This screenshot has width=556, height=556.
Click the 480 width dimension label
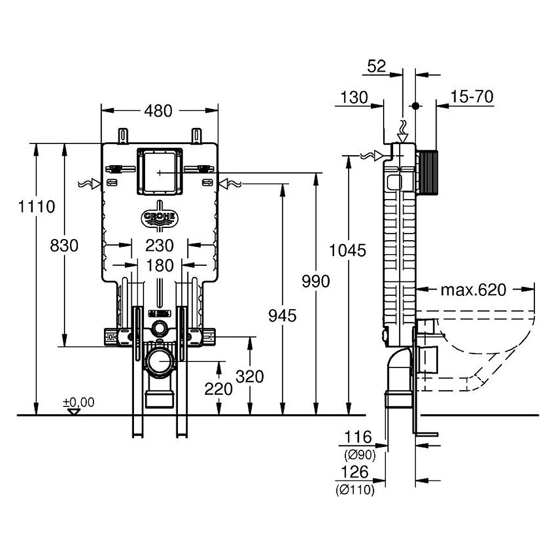158,111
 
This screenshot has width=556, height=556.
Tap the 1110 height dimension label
37,206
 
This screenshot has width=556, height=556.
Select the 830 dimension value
64,245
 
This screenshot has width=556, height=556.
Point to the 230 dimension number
160,245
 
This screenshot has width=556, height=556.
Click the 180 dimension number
160,266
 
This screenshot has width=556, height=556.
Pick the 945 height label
282,316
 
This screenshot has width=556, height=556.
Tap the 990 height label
316,281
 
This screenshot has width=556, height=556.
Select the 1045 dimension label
348,250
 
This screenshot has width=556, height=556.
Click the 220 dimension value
219,389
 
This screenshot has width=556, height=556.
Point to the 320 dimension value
250,376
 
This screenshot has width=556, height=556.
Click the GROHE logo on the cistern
160,216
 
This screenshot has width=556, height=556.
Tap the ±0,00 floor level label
78,402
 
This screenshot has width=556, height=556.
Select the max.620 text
473,290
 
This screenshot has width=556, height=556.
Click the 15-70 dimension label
471,96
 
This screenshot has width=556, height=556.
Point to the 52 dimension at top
376,66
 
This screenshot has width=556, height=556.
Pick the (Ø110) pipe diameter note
355,490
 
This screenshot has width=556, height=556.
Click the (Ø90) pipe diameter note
360,455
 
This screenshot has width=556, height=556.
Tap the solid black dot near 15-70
415,106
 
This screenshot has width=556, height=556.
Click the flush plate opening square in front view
160,172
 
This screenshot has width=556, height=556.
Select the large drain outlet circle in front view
161,361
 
